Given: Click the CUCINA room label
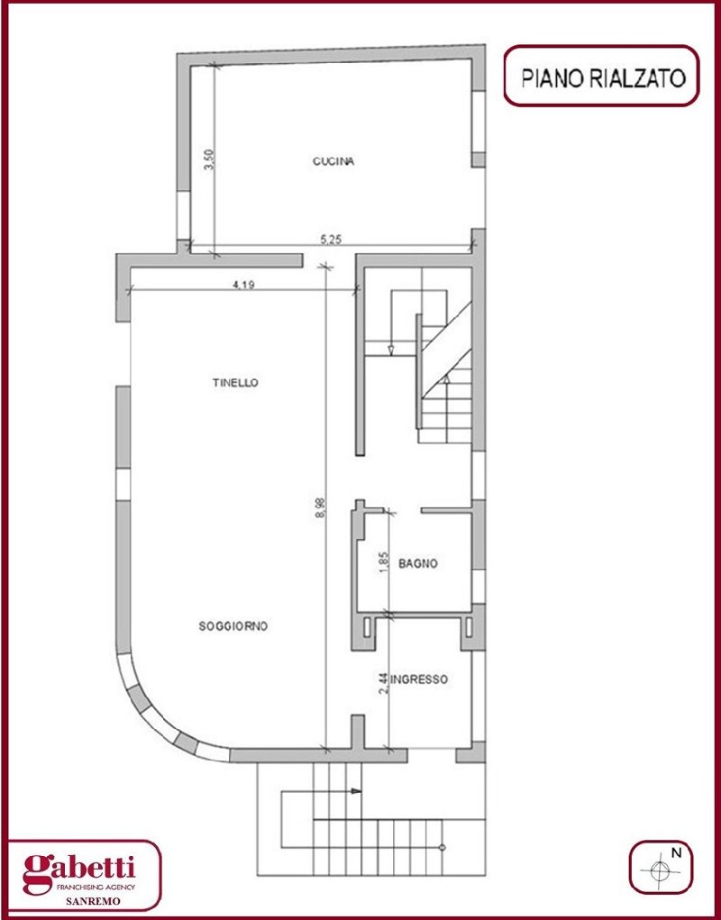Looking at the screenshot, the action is pos(333,161).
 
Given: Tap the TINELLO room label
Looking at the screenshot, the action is pos(235,383).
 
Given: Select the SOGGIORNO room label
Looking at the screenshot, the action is pos(233,626).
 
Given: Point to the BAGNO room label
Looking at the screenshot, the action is pos(418,564).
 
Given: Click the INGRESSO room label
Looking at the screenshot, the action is pos(419,679).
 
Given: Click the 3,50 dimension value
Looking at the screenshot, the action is pos(210,159).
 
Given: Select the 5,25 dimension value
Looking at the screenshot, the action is pos(331,239).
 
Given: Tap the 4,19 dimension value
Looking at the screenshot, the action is pos(243,285).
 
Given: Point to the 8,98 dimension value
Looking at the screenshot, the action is pos(320,507).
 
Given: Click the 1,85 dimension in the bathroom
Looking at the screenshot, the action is pos(385,562).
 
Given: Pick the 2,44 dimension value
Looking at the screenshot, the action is pos(383,684).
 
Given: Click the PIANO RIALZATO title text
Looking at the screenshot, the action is pos(604,77).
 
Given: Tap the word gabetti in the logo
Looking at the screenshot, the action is pos(79,868).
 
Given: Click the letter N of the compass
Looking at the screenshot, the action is pos(676,853).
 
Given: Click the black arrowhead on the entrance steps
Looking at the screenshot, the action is pos(355,791).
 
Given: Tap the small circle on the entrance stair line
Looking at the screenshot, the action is pos(442,847).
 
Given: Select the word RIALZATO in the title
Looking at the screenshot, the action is pos(637,77).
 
